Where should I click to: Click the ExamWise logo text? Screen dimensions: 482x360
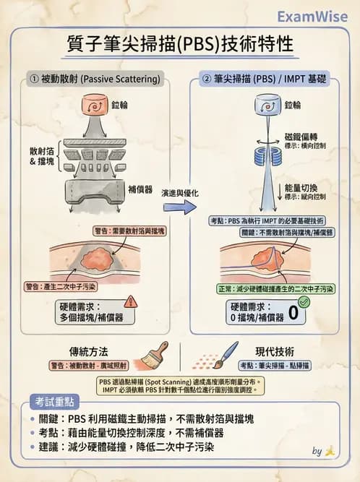312,17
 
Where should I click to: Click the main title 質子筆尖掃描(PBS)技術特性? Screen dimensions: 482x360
179,45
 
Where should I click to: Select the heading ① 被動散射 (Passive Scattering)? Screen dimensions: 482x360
93,79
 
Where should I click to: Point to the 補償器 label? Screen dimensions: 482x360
140,189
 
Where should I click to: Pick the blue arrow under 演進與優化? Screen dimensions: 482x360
179,207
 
